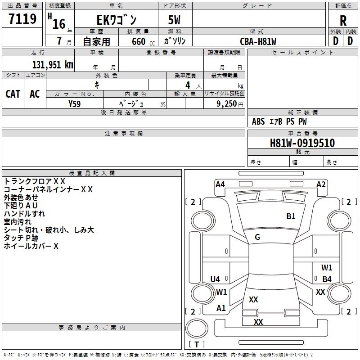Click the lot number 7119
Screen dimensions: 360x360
coord(22,19)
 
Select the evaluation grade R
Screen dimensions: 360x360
coord(343,21)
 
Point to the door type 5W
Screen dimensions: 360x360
coord(175,20)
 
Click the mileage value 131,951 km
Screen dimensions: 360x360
coord(52,65)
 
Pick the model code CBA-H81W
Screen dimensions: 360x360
coord(258,41)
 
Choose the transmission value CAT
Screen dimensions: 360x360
coord(13,94)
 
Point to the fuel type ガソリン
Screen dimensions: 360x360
coord(175,41)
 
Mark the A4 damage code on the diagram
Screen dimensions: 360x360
coord(220,184)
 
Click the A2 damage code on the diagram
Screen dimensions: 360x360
coord(321,184)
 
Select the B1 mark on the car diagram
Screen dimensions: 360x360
coord(291,216)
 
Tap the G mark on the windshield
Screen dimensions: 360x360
coord(257,237)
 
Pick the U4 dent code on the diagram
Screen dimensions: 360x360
coord(215,279)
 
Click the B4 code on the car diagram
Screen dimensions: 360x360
coord(327,279)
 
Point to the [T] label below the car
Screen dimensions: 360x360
coord(197,345)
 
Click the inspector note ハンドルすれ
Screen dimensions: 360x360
coord(24,214)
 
